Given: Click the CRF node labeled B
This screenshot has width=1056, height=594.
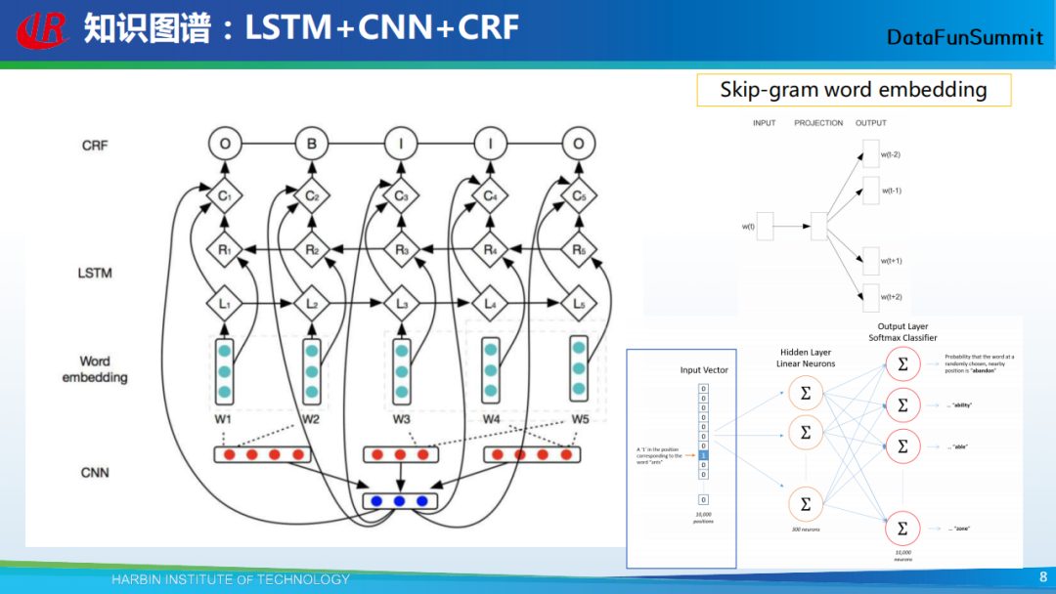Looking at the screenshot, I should pos(312,146).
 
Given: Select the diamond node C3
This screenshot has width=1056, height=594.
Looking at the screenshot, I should pos(401,196).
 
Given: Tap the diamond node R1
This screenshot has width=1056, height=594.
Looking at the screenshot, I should pos(224,250).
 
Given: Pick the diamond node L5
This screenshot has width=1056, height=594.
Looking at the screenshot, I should pos(579,305).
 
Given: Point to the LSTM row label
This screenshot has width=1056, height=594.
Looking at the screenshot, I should pos(95,273).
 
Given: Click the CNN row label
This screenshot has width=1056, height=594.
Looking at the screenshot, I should pos(95,473).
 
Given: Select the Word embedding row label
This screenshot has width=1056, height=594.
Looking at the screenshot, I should pos(95,369).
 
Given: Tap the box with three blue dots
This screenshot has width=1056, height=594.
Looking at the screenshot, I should pos(400,501).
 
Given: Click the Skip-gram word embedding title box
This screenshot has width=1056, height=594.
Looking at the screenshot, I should pos(853,90).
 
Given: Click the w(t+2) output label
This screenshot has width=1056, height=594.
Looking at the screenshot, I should pos(891,296).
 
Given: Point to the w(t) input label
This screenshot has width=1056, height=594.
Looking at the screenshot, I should pos(748,227).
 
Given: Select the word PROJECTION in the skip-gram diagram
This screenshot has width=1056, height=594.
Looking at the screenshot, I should pos(818,123).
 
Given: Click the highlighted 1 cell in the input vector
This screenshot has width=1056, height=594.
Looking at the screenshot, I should pos(703,454).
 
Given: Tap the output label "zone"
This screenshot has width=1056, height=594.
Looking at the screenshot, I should pos(961,529).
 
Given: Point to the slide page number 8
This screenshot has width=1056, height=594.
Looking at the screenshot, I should pos(1042,577).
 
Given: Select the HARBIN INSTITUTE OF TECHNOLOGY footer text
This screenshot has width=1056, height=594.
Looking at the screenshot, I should pos(230,579).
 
